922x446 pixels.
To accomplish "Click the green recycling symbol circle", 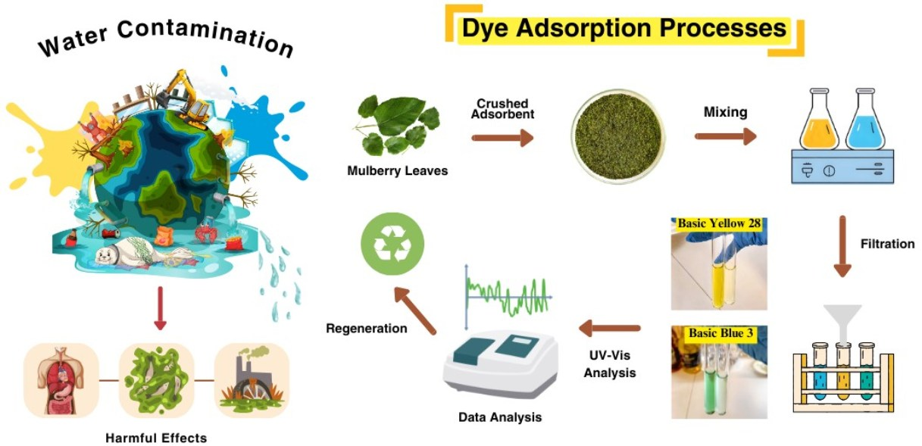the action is (392, 244).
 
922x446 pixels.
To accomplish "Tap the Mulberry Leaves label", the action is (397, 170).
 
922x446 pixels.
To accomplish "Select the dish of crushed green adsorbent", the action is (617, 136).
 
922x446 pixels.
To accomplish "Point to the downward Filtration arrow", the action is (842, 246).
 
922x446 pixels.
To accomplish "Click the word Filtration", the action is (887, 244).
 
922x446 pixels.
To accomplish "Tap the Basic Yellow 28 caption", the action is (719, 223).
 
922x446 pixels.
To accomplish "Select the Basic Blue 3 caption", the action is (720, 333).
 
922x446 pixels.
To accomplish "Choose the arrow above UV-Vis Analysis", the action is (610, 328).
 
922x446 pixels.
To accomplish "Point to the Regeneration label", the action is (367, 329).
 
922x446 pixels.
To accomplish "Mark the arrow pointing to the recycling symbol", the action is (414, 310).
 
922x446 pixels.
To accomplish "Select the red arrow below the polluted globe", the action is (160, 308).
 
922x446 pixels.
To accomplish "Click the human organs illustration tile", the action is (61, 381).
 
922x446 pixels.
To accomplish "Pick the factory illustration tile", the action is (252, 381).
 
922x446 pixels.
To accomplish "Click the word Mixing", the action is (725, 112).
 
